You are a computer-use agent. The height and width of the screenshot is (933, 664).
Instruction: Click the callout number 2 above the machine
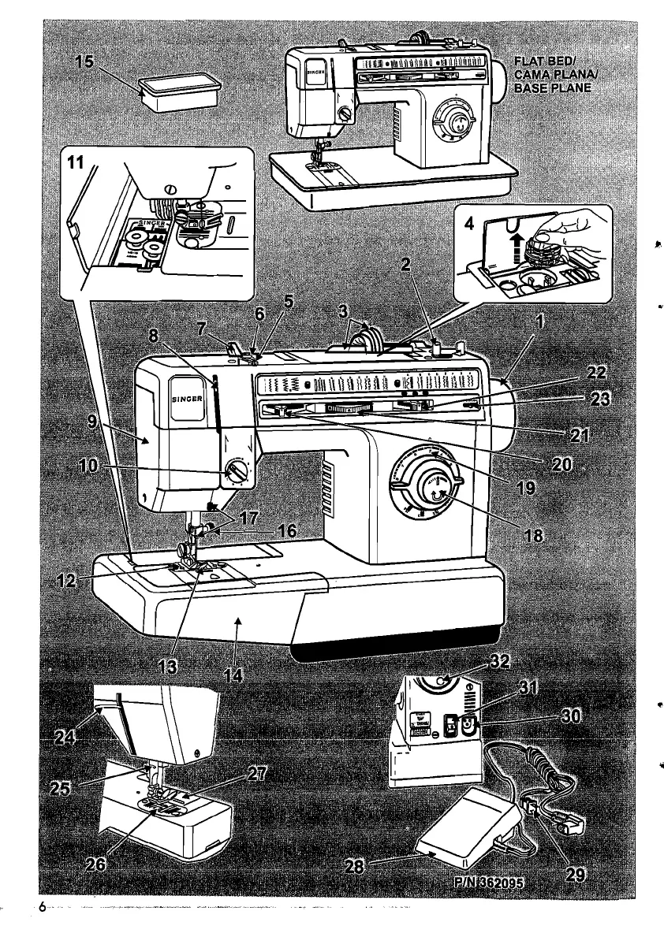405,265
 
